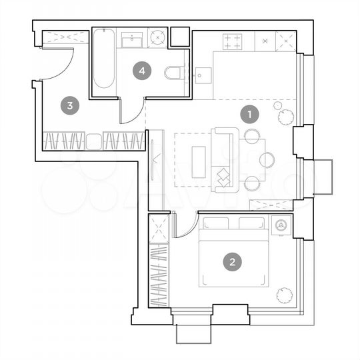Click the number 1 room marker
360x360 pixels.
(249, 115)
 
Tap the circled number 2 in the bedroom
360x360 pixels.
(232, 262)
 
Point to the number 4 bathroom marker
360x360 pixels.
(141, 69)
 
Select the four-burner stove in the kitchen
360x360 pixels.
(233, 41)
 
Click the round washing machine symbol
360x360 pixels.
(157, 38)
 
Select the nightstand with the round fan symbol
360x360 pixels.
(281, 225)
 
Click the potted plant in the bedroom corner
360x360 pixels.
(285, 293)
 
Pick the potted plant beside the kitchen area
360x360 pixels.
(285, 115)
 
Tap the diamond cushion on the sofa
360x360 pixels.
(223, 177)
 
